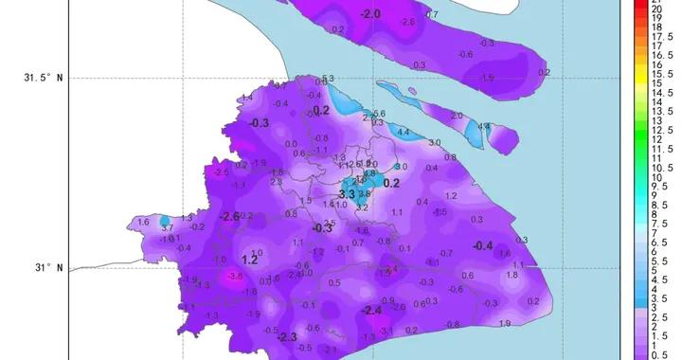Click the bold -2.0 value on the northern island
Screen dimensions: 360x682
click(x=370, y=13)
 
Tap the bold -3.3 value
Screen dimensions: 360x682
click(x=347, y=194)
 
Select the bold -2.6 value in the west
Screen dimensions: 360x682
click(x=230, y=217)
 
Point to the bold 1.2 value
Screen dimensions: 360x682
click(x=250, y=260)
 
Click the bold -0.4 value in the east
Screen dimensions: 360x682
click(x=483, y=246)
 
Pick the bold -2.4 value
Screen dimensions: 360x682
click(x=371, y=311)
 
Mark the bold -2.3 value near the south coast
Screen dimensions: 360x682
click(x=287, y=337)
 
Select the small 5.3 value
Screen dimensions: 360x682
click(x=328, y=79)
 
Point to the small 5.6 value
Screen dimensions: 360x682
click(x=380, y=114)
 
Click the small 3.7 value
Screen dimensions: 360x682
click(x=167, y=228)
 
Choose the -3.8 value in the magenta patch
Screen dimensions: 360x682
click(x=235, y=276)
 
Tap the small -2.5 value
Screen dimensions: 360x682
click(x=222, y=172)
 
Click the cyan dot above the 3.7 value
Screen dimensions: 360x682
click(x=165, y=221)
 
